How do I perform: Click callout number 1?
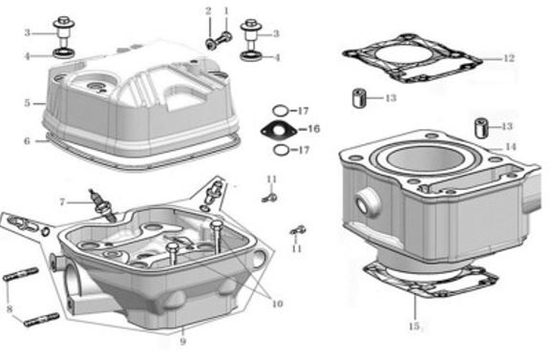point(226,11)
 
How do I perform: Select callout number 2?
point(208,11)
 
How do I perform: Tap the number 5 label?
point(28,102)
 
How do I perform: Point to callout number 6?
point(28,141)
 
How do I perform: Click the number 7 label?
point(62,201)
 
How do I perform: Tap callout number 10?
point(277,305)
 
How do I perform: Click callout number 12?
point(508,58)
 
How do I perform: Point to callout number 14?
point(511,146)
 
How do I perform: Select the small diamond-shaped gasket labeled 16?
point(277,129)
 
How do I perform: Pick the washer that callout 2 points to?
point(209,43)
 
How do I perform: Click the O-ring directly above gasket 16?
point(278,110)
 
